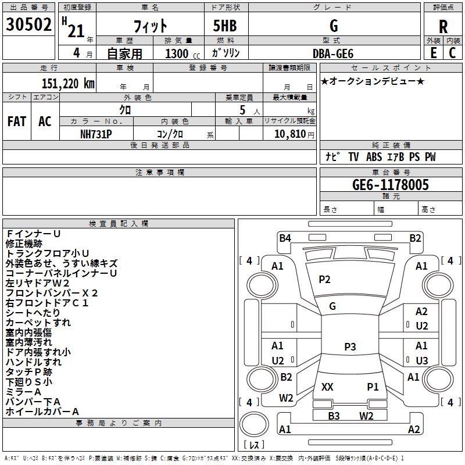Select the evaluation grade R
[443, 27]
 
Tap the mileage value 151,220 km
[68, 84]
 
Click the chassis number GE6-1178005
[391, 185]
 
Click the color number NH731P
[96, 134]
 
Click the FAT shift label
[17, 121]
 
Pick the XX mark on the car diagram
[327, 387]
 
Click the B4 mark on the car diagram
[285, 238]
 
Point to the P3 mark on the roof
[350, 347]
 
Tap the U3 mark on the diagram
[421, 361]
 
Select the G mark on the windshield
[332, 306]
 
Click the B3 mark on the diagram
[334, 416]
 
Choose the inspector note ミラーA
[24, 392]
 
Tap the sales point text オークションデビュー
[373, 81]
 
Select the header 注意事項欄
[159, 173]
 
